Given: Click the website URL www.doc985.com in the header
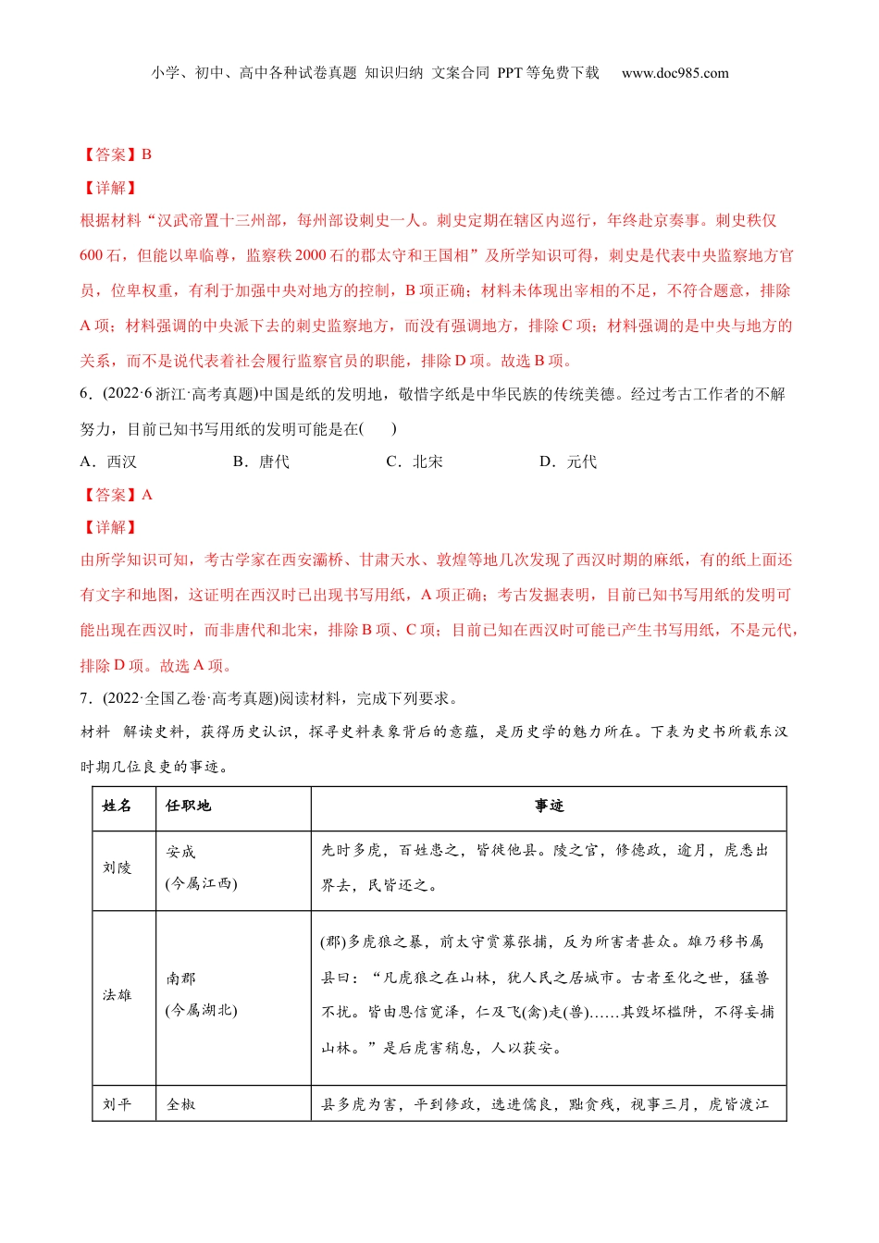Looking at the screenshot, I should coord(675,73).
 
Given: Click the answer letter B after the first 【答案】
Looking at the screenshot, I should coord(146,154).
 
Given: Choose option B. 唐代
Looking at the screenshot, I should coord(262,462).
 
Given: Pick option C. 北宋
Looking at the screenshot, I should coord(415,462).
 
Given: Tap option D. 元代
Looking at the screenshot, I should coord(568,462).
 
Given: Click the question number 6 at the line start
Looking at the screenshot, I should coord(84,394).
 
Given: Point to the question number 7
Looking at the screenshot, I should coord(84,698).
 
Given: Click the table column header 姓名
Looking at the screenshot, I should coord(118,806).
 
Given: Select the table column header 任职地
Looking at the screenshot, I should coord(189,806).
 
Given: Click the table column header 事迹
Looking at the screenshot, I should coord(549,806).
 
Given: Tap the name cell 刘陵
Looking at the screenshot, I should coord(118,868).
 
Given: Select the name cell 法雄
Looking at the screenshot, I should coord(118,995).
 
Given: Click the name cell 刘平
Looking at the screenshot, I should coord(118,1104).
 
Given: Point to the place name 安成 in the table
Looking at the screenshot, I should coord(181,852).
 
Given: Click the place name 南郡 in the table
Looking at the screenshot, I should coord(181,978).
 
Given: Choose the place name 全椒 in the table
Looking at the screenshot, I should coord(181,1104).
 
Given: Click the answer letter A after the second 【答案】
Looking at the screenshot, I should coord(146,495).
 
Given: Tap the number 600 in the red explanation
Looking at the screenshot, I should coord(92,255).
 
